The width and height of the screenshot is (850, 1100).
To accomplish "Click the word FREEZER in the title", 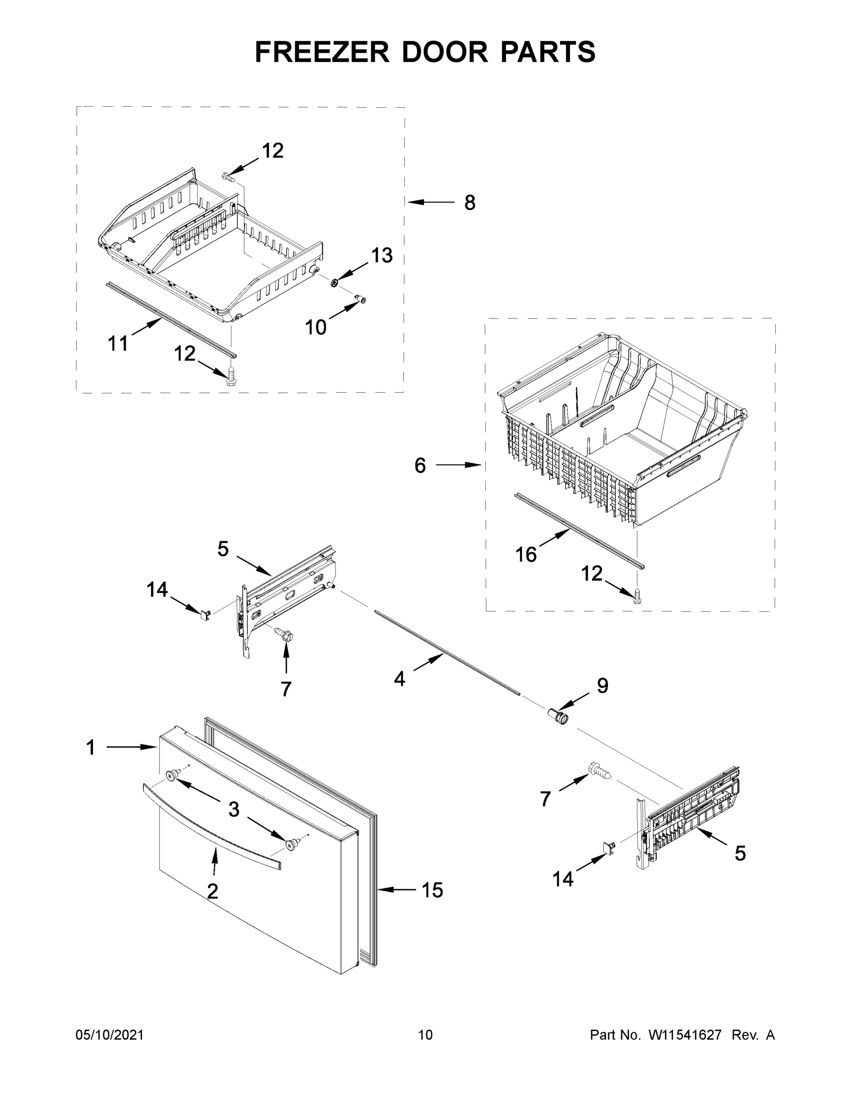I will (322, 52).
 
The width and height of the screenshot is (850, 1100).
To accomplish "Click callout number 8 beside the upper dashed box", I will (469, 203).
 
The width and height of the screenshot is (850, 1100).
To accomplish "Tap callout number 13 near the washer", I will (382, 255).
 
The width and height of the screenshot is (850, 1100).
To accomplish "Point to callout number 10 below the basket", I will (316, 327).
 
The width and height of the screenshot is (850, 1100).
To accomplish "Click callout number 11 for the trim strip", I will (118, 344).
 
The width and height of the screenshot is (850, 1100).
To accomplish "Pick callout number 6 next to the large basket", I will (420, 466).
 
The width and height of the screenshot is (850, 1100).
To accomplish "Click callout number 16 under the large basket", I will (526, 555).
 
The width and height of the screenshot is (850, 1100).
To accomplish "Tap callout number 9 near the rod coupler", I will (602, 686).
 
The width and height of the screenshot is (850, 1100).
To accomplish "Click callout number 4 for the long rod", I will (399, 679).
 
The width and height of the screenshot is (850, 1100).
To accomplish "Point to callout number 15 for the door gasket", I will (432, 891).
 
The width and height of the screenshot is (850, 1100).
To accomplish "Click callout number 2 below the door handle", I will (213, 891).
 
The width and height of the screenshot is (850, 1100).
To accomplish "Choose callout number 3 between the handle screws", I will (234, 809).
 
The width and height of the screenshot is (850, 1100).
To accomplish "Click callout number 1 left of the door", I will (91, 748).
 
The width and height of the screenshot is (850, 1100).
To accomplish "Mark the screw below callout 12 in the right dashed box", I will (637, 596).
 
